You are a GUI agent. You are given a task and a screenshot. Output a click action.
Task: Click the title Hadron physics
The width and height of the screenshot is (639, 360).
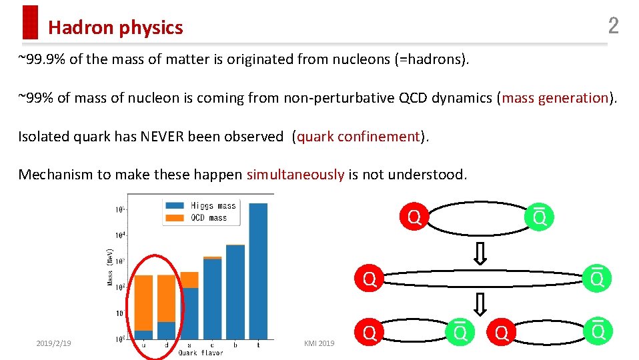pos(115,28)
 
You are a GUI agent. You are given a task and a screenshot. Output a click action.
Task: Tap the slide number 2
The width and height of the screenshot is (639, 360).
pos(613,26)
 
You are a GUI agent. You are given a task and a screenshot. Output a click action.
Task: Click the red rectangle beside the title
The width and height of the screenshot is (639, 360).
pos(30,22)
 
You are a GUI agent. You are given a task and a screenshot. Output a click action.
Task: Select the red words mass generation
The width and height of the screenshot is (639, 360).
pos(555,98)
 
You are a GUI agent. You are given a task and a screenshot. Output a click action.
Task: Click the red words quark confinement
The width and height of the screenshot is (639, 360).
pos(358,137)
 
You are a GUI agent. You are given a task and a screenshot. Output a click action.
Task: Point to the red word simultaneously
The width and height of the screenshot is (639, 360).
pos(295,175)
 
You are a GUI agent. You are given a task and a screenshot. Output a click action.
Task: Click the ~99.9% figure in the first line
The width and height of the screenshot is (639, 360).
pos(42,59)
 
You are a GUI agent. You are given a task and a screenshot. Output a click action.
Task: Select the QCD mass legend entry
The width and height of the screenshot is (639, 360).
pos(199,217)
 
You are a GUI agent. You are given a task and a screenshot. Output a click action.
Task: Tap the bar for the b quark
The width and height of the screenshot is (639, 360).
pos(235,292)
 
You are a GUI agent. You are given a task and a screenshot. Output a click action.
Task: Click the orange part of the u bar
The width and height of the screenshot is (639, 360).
pos(143,302)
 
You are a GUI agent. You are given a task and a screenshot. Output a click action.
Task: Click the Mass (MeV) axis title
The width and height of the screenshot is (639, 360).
pos(111,267)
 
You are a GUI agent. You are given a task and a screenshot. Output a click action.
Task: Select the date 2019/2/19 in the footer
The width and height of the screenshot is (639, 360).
pos(54,343)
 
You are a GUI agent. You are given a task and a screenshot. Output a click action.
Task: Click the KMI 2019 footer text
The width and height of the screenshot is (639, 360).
pos(319,343)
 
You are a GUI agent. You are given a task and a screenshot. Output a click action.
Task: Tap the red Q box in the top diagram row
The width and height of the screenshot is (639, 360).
pos(414,217)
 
